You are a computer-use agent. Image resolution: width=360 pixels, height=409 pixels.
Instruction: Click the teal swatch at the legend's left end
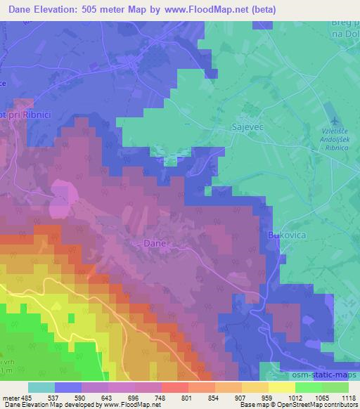pos(41,387)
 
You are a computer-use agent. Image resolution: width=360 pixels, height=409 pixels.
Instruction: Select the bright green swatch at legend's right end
pos(335,387)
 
